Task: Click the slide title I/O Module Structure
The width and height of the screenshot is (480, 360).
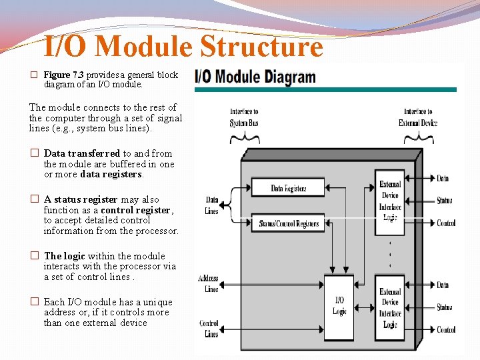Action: [183, 47]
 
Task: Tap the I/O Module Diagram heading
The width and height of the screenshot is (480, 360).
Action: [255, 77]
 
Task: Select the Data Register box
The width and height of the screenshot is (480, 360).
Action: [288, 189]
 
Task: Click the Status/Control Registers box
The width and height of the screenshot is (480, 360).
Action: [288, 224]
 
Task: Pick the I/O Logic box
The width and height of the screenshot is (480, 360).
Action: [339, 306]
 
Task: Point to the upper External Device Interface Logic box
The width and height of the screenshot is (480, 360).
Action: [390, 201]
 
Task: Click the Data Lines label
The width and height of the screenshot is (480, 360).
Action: [212, 205]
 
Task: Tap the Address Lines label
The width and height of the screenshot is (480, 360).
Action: [208, 283]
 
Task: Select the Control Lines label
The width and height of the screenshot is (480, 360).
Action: [209, 328]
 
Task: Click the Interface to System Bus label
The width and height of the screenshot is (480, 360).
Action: [244, 117]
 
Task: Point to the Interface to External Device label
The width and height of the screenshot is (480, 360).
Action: [418, 117]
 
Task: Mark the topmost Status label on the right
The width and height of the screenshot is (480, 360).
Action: [445, 201]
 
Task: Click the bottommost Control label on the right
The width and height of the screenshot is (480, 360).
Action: [446, 329]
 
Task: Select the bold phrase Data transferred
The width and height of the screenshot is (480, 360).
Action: [82, 153]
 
